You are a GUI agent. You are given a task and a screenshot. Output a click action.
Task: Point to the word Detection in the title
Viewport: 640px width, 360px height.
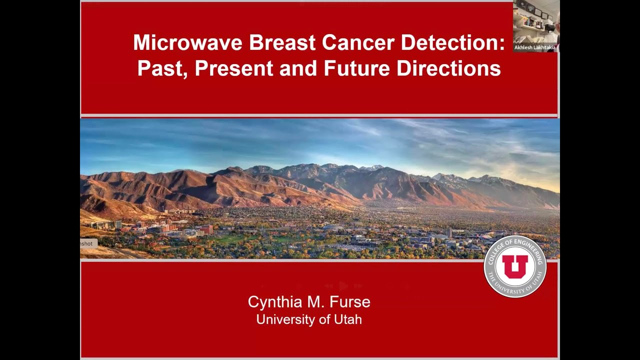click(452, 42)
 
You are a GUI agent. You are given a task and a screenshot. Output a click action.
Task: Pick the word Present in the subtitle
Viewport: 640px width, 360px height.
click(234, 68)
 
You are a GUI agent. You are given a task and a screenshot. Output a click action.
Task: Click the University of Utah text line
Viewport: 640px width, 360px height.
click(309, 319)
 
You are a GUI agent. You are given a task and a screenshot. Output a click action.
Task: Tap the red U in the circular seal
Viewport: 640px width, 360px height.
click(515, 266)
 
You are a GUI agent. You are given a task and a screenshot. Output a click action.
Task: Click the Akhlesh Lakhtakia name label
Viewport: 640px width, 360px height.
click(534, 47)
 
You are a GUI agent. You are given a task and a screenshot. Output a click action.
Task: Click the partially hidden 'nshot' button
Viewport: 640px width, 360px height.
click(87, 243)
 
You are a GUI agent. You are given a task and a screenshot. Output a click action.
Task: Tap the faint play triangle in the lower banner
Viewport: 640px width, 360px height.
click(343, 286)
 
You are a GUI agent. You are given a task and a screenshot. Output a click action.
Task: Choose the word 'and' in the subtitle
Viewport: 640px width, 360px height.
click(298, 68)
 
